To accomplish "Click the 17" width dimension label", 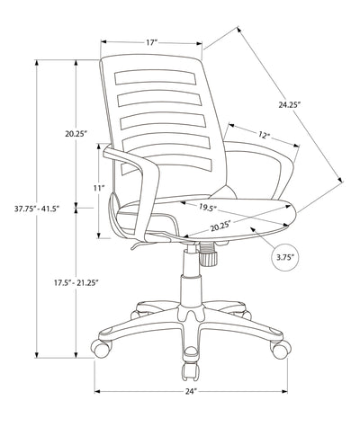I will coord(150,41).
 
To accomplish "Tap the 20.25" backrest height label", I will coord(75,134).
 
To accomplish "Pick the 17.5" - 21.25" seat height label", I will coord(75,283).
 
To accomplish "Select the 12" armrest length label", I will coord(263,136).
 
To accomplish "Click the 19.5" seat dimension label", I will coord(209,206).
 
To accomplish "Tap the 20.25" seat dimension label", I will coord(220,226).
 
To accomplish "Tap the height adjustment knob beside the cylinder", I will coord(210,261).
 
